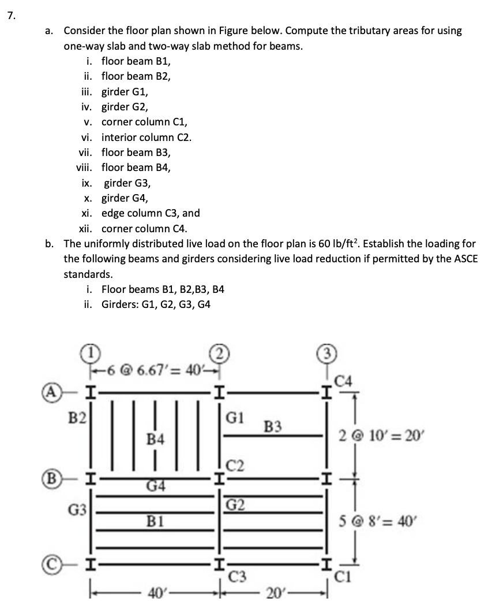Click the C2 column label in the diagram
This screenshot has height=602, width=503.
235,462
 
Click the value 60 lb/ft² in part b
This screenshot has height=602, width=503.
361,244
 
